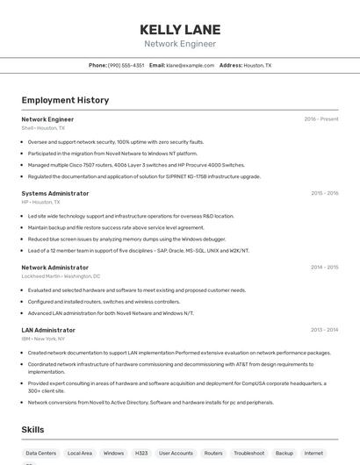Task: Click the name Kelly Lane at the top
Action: coord(179,29)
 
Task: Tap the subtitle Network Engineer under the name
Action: coord(179,44)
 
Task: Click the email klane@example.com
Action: coord(191,65)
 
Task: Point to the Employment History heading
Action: coord(65,100)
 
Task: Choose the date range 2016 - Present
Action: coord(320,119)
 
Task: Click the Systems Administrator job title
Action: coord(54,193)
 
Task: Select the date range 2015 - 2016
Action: coord(324,193)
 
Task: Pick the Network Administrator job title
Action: coord(54,267)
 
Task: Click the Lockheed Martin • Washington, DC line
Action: coord(61,275)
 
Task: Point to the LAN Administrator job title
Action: coord(48,330)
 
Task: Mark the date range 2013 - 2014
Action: coord(324,330)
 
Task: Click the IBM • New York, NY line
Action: coord(43,339)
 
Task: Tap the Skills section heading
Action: coord(33,430)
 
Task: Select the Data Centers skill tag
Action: coord(41,454)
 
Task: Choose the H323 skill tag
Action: coord(140,454)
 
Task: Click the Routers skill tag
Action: coord(213,454)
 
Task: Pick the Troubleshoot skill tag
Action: coord(248,454)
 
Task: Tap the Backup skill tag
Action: coord(284,454)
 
